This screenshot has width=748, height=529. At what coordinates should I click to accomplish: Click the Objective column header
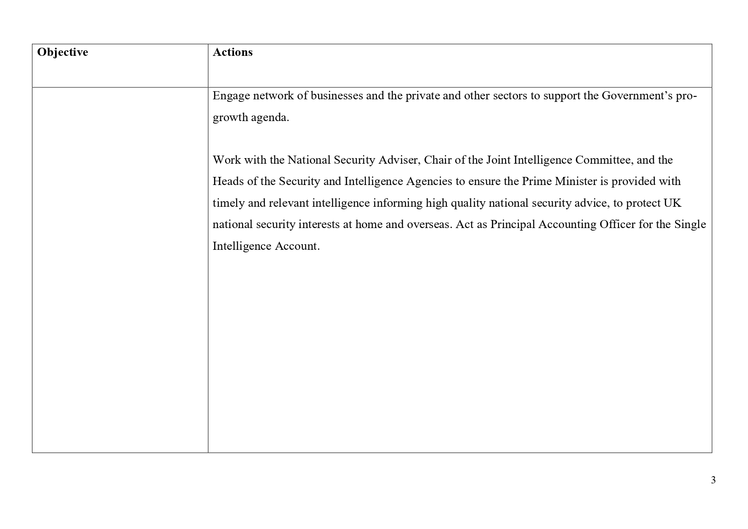coord(63,52)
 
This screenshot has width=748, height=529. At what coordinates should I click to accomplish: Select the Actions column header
coord(232,52)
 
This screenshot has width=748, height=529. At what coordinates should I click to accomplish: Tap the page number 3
coord(713,480)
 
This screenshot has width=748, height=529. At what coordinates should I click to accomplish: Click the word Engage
coord(231,96)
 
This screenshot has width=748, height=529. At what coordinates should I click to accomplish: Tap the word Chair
coord(436,160)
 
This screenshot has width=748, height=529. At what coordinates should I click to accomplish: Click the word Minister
coord(576,182)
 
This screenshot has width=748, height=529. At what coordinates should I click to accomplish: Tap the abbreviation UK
coord(672,203)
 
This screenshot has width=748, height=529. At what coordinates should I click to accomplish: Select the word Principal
coord(513,225)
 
